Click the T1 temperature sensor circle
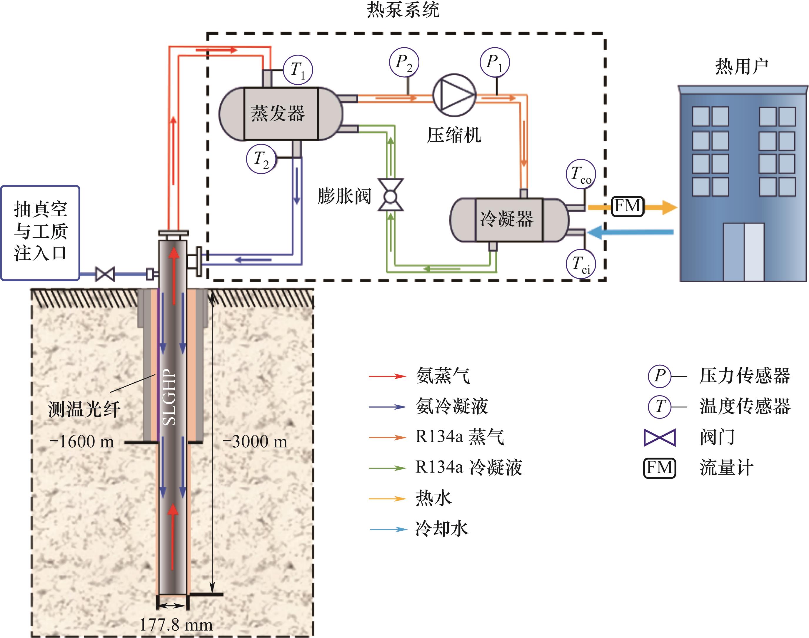[298, 70]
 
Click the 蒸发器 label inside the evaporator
[278, 113]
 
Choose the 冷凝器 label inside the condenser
[507, 219]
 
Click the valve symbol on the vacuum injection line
[105, 274]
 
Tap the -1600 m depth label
[81, 442]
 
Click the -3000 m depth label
[255, 442]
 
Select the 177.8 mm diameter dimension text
[176, 624]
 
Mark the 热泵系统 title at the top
[403, 10]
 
